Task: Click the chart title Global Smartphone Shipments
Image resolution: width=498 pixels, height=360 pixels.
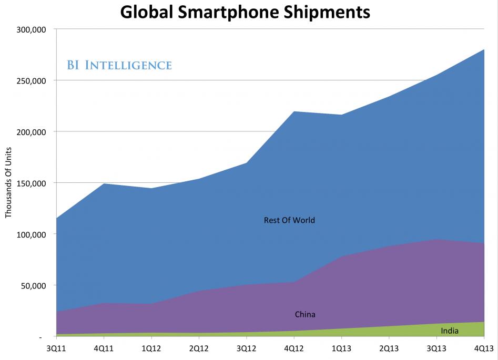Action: tap(245, 12)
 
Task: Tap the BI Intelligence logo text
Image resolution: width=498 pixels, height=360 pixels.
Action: tap(119, 65)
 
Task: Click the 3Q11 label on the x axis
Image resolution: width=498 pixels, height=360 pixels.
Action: tap(56, 348)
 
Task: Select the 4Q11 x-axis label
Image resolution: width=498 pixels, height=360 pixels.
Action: tap(104, 348)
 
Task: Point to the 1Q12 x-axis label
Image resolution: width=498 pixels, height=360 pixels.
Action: tap(151, 348)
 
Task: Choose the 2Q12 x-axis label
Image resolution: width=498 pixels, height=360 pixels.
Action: tap(199, 348)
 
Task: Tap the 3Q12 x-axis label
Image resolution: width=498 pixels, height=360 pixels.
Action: tap(246, 348)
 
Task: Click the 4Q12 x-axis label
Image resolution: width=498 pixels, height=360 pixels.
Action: tap(293, 348)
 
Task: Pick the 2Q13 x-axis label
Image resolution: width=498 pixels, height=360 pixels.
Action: tap(389, 348)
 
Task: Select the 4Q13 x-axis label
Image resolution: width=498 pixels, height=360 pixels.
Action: tap(483, 348)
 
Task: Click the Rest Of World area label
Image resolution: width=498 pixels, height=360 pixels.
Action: tap(289, 220)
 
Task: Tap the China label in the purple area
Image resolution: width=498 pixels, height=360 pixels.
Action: tap(305, 315)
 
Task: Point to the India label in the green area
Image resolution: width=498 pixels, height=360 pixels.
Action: tap(450, 331)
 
